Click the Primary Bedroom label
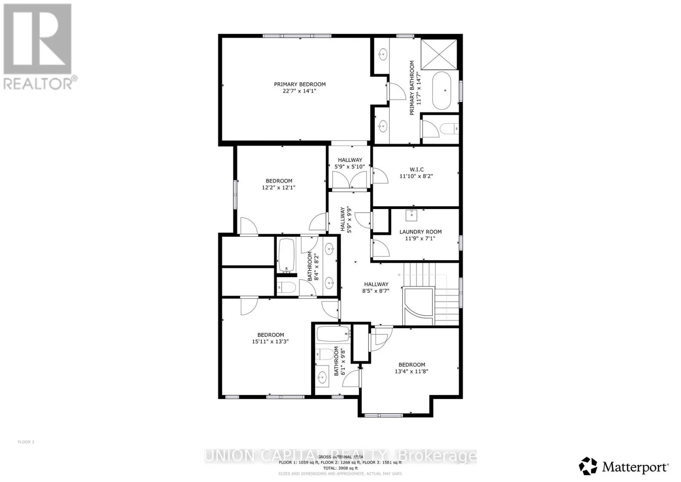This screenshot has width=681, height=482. coord(300,84)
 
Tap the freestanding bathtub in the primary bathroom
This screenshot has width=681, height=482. coord(445,90)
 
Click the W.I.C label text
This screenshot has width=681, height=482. coord(416,169)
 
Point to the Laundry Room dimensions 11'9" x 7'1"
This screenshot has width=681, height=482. coord(421,238)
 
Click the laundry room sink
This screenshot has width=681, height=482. coord(412,215)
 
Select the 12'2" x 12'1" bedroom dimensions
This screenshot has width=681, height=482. coord(279,187)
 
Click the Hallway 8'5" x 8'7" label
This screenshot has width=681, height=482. coord(376,287)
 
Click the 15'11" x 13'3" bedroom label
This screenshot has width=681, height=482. coord(270,338)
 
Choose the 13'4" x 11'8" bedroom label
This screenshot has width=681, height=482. coord(412,368)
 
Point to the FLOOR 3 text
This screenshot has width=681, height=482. coord(26,442)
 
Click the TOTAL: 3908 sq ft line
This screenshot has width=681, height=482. coord(340,468)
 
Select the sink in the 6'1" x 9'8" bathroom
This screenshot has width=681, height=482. coord(322,376)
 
